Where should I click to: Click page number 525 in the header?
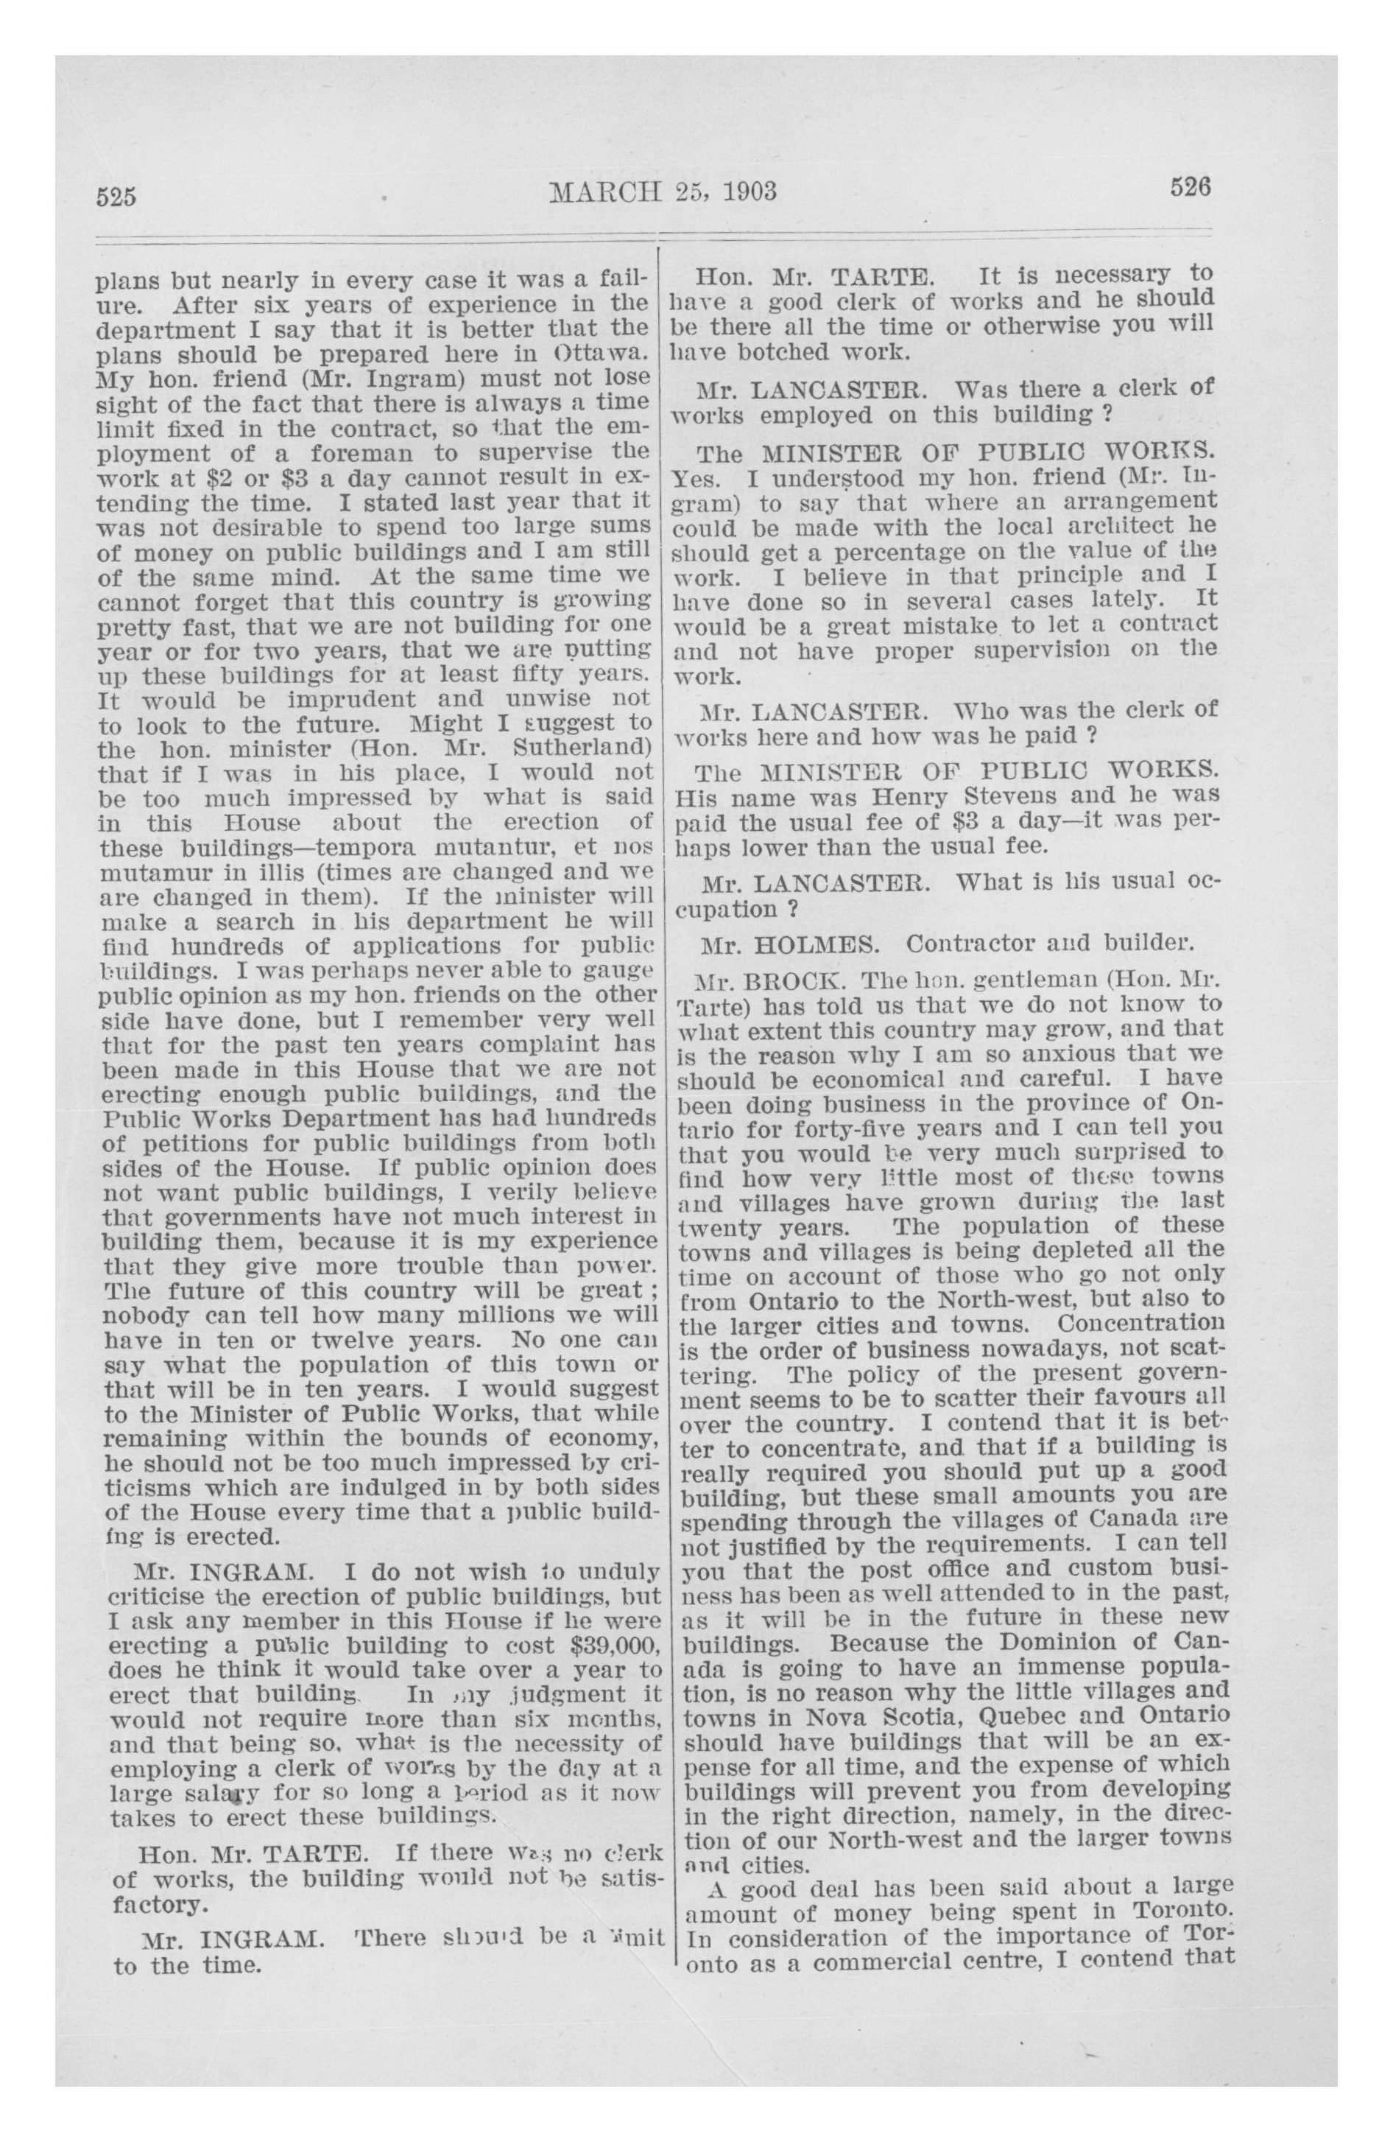(x=116, y=196)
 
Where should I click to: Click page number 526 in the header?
(x=1191, y=187)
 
